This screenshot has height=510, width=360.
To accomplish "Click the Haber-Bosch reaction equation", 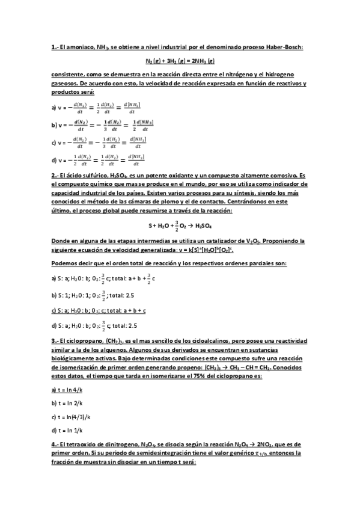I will tap(180, 61).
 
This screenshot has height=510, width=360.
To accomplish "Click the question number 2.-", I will tap(55, 175).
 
